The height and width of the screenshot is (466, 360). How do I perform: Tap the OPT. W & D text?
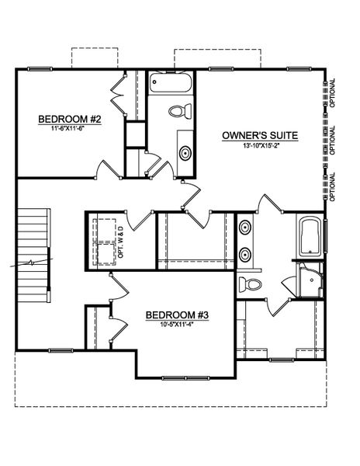click(x=120, y=240)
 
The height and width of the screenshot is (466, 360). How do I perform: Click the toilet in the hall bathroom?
click(x=175, y=110)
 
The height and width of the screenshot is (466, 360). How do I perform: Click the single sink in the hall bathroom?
click(x=185, y=151)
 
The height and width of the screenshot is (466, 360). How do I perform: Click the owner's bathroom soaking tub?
click(x=310, y=236)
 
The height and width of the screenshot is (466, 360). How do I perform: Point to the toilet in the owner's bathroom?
click(x=249, y=282)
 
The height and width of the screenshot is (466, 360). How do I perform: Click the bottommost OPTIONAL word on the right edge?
click(x=333, y=186)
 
